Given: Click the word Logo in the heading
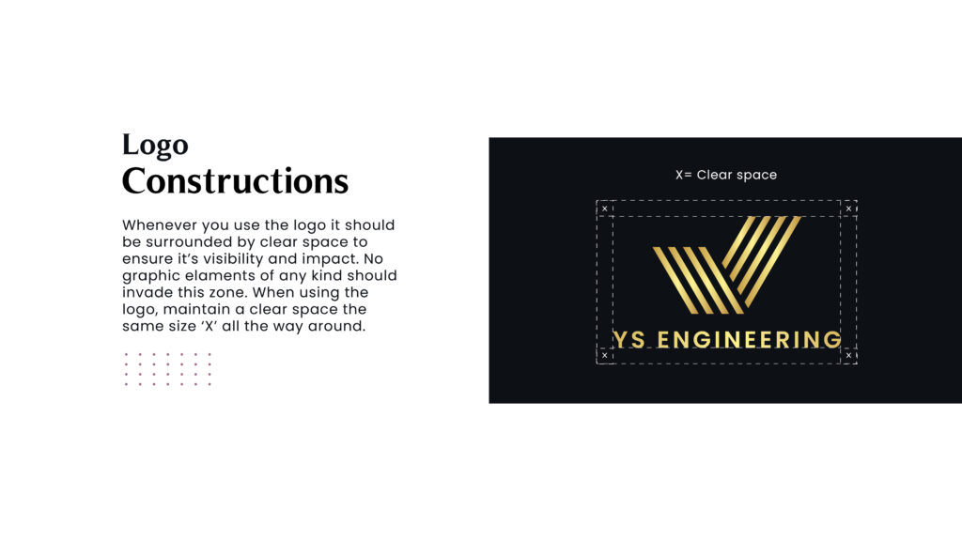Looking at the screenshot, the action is (155, 146).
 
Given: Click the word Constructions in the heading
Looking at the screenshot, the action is (235, 181).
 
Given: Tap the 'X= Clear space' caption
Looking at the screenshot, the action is (726, 175).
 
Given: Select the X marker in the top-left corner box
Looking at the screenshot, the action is (604, 209).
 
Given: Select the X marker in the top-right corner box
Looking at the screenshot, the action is (848, 209).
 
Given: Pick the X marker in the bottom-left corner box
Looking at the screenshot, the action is (604, 355).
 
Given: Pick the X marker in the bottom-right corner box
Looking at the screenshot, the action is (848, 355).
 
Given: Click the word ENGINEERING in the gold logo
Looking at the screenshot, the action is (749, 340).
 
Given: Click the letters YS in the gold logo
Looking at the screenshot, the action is (629, 340).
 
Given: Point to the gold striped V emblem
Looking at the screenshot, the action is (727, 265).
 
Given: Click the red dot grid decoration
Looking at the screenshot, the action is (167, 369).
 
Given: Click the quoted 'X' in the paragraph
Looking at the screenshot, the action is (209, 326).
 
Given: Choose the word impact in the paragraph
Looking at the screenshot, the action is (332, 259).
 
